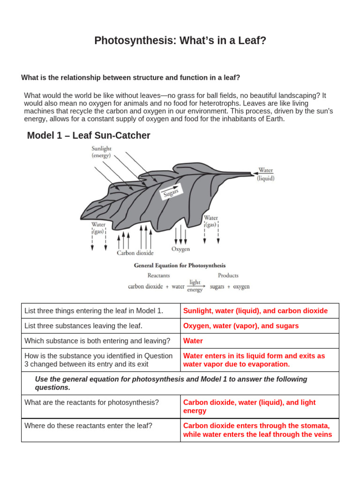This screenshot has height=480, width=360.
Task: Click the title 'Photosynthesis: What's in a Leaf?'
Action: (x=180, y=41)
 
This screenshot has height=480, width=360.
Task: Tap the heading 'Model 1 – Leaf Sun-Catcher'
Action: (x=89, y=135)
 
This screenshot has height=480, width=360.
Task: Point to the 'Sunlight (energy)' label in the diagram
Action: (x=101, y=152)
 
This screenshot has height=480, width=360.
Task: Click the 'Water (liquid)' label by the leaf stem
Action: (x=265, y=174)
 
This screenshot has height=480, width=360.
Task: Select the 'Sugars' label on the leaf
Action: (x=171, y=192)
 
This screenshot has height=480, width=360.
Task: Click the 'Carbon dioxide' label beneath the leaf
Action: (x=135, y=253)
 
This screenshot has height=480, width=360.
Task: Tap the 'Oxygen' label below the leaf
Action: (x=180, y=249)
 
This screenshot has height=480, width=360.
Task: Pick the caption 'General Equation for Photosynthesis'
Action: (x=180, y=265)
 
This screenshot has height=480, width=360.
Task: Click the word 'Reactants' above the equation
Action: (x=158, y=276)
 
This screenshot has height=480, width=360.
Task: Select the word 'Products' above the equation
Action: (x=228, y=276)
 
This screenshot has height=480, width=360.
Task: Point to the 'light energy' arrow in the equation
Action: (x=195, y=286)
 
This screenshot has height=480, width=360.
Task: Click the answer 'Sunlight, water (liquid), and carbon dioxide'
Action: (x=255, y=311)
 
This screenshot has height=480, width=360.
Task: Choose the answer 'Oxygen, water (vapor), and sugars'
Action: (x=240, y=326)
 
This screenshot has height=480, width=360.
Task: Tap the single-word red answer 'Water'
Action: (x=193, y=341)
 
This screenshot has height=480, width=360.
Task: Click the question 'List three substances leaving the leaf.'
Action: (x=83, y=326)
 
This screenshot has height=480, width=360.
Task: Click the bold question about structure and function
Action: (x=130, y=77)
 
